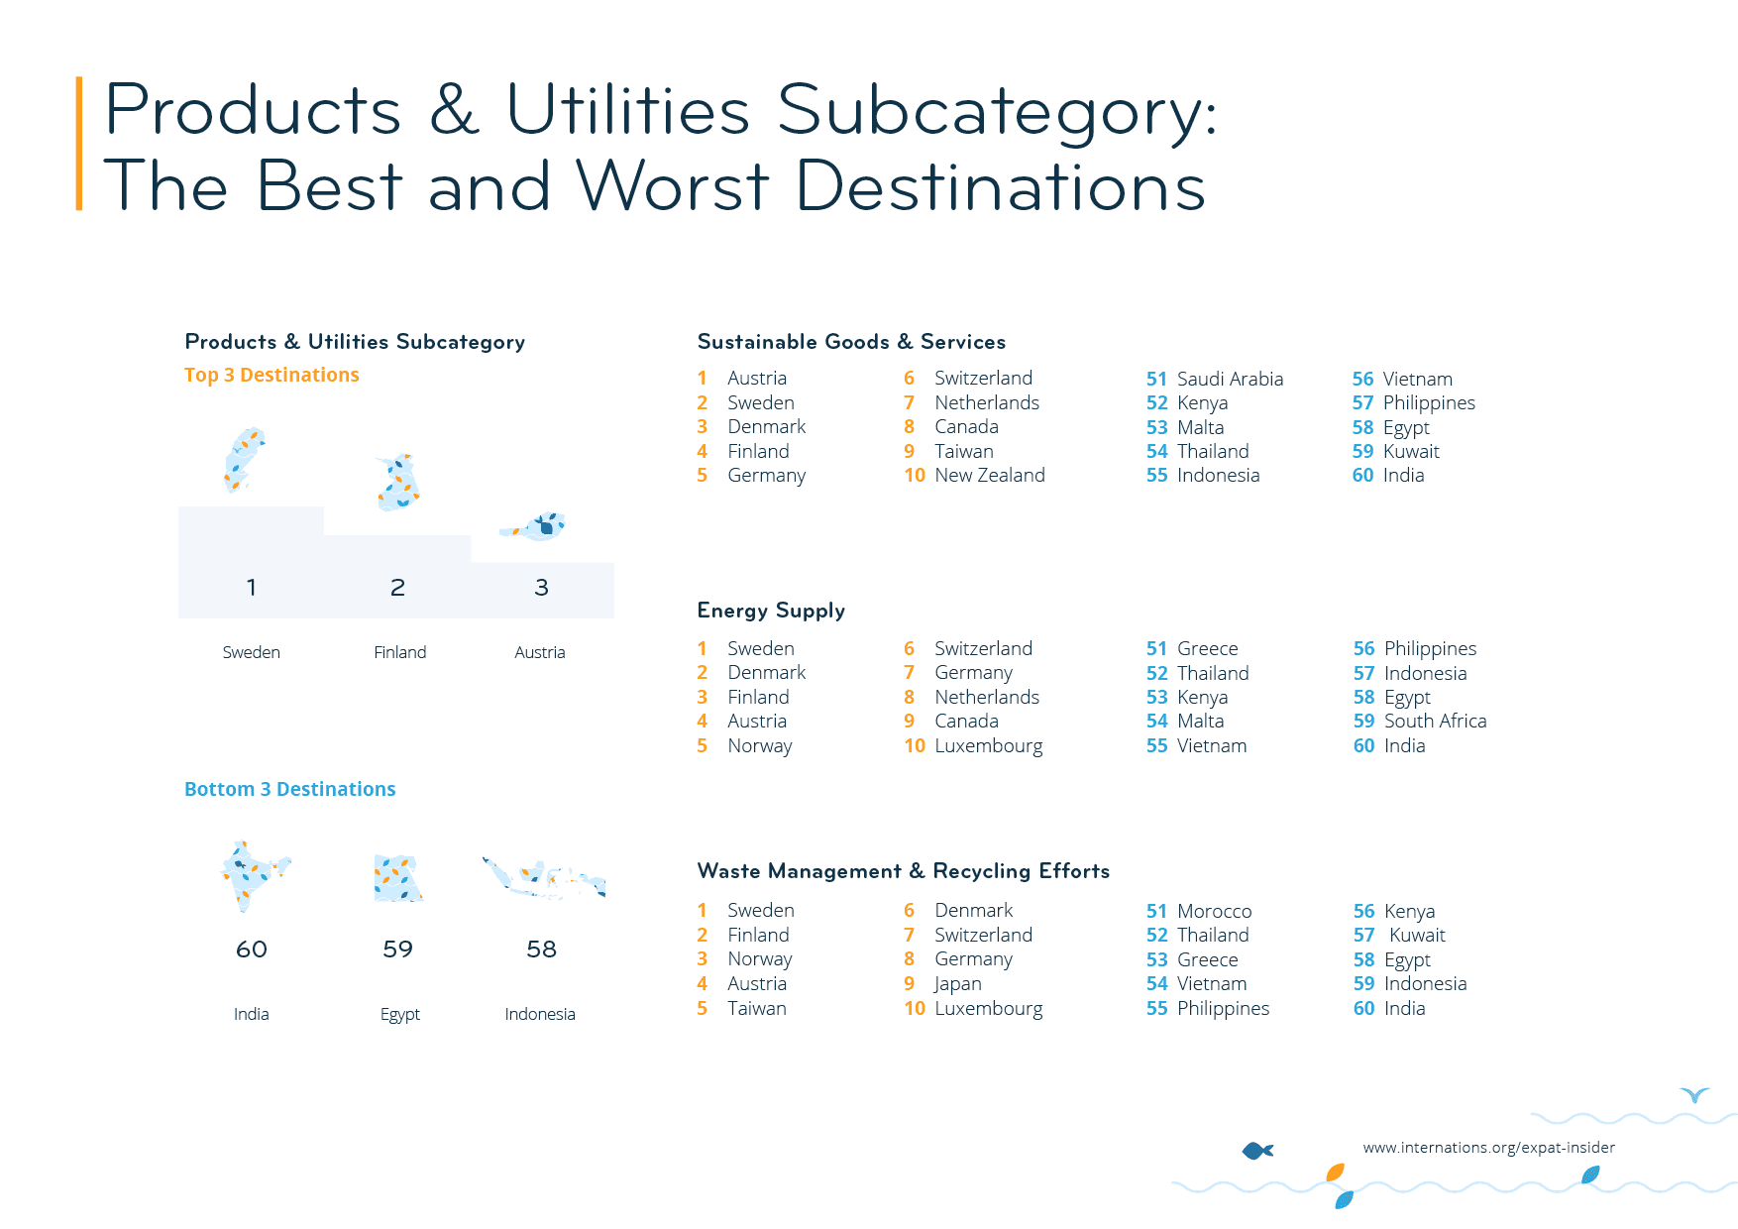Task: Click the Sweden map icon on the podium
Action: click(x=243, y=460)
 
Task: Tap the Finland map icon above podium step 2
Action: click(x=398, y=483)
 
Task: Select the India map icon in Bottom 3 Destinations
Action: click(x=252, y=875)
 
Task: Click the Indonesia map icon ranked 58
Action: click(x=544, y=877)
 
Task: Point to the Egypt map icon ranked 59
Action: click(x=398, y=878)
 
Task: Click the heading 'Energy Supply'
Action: click(x=771, y=611)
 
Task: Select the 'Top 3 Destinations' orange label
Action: click(x=272, y=375)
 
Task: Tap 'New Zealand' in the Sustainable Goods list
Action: click(x=989, y=475)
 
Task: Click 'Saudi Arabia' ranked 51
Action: click(x=1229, y=379)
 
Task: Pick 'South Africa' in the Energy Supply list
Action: click(x=1434, y=721)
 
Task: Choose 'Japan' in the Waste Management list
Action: click(x=957, y=983)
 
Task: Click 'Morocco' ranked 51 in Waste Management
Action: click(x=1214, y=911)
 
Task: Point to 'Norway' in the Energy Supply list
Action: click(x=759, y=745)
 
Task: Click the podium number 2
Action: click(x=397, y=588)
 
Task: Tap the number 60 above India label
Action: click(x=252, y=950)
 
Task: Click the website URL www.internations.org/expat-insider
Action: click(x=1488, y=1148)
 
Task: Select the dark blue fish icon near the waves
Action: click(x=1257, y=1151)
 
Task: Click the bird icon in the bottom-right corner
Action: click(x=1694, y=1094)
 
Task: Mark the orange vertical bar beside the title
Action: click(x=79, y=144)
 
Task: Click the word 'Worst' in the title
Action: click(x=672, y=185)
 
